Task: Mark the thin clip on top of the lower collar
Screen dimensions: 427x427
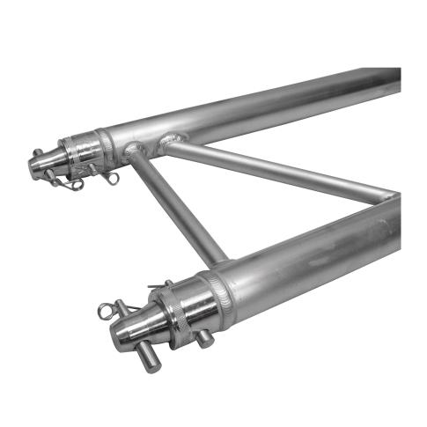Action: click(161, 284)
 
